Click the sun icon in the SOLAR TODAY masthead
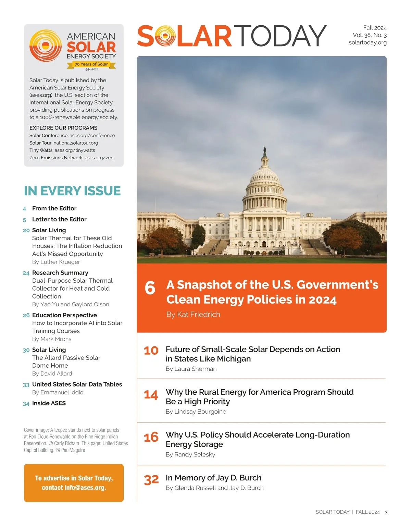coord(165,36)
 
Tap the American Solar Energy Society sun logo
coord(46,46)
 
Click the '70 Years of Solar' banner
coord(91,64)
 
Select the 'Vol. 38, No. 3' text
coord(370,35)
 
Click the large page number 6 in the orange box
coord(150,288)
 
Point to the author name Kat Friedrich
coord(198,315)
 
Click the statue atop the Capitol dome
coord(264,150)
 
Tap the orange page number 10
coord(151,351)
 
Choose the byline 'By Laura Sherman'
coord(191,369)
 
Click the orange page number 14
coord(151,395)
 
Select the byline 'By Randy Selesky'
coord(190,455)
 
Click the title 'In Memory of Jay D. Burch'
coord(213,478)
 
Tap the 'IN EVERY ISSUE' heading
coord(72,191)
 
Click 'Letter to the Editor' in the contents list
coord(59,219)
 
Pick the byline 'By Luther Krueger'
coord(56,262)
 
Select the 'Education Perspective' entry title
coord(64,315)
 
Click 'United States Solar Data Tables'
coord(77,384)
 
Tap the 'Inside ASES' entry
coord(49,403)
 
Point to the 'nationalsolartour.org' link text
coord(76,143)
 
